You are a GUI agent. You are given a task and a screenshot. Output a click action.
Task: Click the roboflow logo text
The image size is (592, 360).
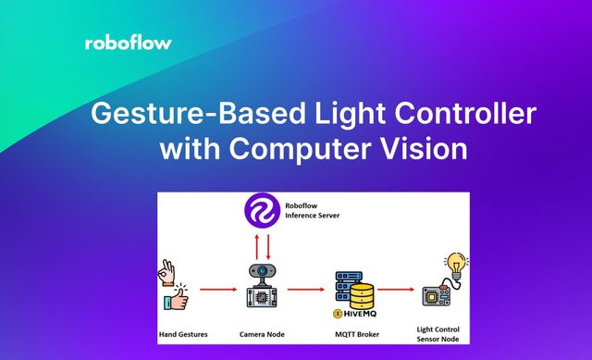click(x=128, y=43)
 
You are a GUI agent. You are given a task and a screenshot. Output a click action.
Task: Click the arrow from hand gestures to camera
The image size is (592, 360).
click(x=214, y=289)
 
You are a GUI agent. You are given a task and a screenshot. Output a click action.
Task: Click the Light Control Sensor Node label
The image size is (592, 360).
click(x=439, y=335)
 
